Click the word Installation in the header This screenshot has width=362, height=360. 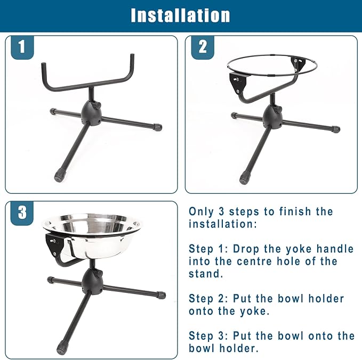[x=181, y=15]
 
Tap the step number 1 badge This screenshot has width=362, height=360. [x=21, y=47]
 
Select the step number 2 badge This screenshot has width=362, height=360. [x=203, y=47]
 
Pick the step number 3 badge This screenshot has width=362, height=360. [x=21, y=212]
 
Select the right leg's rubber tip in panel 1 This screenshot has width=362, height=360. [x=158, y=128]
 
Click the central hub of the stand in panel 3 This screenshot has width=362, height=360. [x=93, y=279]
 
